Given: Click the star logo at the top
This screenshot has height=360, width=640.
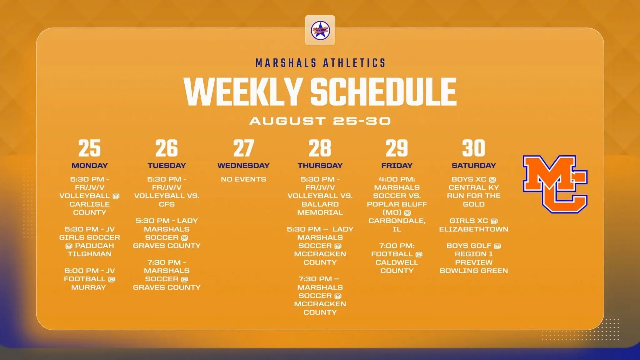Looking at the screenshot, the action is [320, 30].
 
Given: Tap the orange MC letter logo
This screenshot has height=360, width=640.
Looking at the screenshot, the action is [555, 184].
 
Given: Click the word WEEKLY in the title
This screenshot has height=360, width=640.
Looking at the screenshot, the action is [243, 92].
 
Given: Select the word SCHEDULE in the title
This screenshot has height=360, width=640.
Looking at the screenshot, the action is [383, 92].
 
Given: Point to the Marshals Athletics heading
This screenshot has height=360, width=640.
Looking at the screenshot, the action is [320, 63].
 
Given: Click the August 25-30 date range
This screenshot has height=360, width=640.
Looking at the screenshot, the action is [320, 121].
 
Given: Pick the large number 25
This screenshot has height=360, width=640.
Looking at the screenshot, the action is [89, 148].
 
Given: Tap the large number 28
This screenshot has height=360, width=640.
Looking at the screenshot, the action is [320, 148].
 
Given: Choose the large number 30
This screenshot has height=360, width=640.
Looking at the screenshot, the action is [474, 148].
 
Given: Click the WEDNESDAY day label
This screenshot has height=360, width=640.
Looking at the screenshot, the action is [243, 165].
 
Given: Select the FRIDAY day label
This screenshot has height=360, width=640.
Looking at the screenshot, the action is [397, 165].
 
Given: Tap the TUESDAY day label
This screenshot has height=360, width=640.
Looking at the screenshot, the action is [167, 165].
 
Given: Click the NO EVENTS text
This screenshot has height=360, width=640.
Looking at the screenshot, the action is [243, 179].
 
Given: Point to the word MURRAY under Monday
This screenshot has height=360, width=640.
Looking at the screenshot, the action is [89, 287].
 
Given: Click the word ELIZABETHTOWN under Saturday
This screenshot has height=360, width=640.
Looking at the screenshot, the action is [474, 229].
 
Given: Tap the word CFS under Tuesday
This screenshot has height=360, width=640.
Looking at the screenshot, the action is [167, 204].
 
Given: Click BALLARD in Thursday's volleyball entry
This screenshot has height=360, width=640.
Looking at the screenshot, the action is [320, 204].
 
